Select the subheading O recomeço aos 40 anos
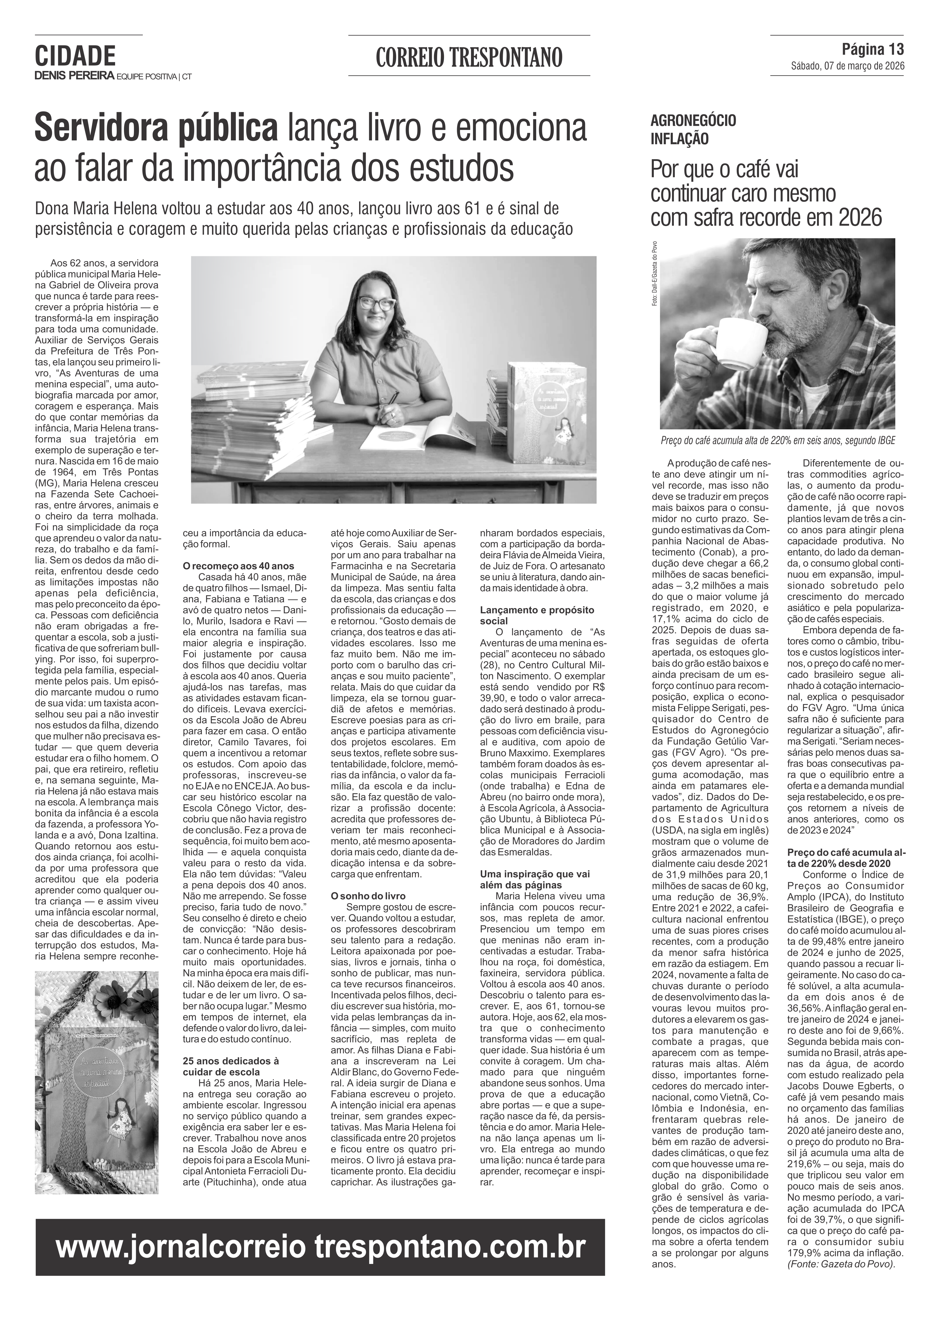pyautogui.click(x=238, y=566)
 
